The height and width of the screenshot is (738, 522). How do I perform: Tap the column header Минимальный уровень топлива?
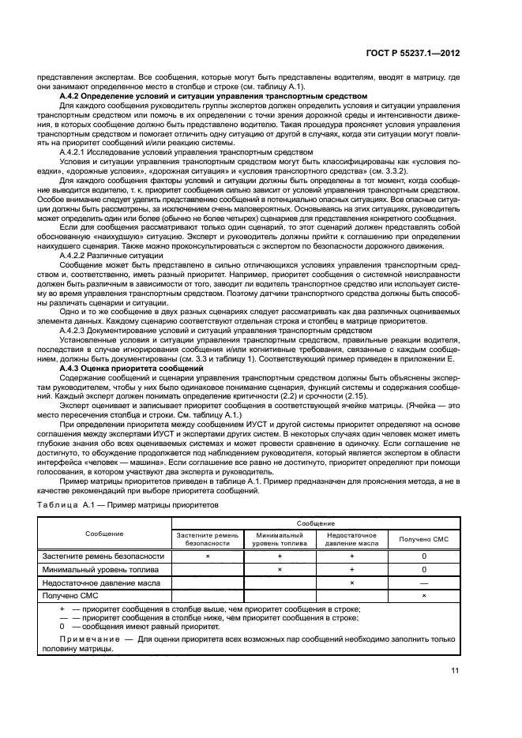coord(280,539)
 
